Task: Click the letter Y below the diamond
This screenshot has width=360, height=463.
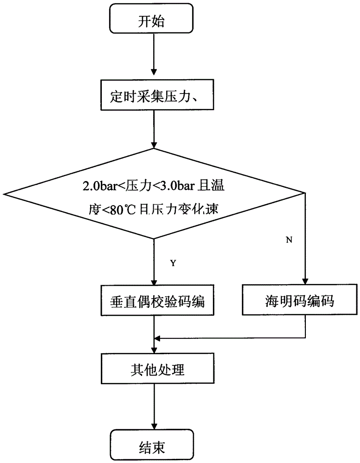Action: coord(173,263)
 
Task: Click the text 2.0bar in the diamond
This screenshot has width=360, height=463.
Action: coord(94,187)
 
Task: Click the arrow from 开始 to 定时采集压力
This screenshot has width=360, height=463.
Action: coord(154,56)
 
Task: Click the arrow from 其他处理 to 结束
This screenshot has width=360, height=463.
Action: coord(154,407)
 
